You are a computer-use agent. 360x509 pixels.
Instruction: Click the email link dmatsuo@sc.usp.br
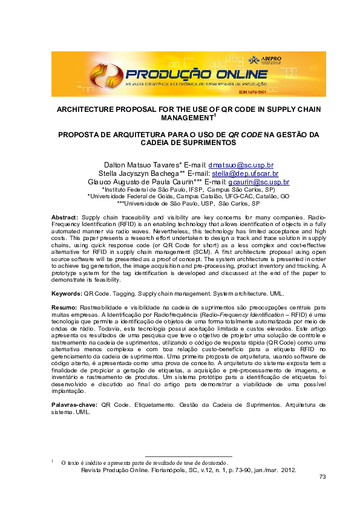(x=241, y=164)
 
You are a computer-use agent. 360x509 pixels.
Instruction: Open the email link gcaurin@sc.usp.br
(x=258, y=181)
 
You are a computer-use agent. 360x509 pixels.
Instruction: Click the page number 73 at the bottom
(x=322, y=478)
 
